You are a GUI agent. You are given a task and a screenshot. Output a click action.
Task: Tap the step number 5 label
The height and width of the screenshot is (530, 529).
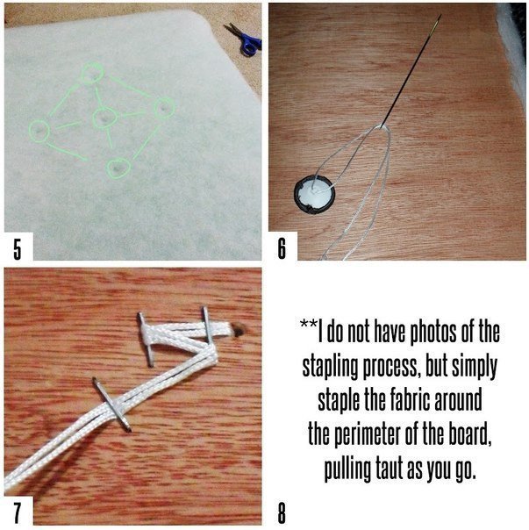(x=18, y=248)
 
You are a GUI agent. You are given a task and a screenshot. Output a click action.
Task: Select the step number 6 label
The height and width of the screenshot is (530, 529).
(x=282, y=248)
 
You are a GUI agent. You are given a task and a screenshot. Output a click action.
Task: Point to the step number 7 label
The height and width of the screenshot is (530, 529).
(x=17, y=513)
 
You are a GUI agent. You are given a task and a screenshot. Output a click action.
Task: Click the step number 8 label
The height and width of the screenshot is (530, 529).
(x=282, y=513)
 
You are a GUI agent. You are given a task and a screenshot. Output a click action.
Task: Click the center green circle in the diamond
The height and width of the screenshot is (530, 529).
(x=104, y=118)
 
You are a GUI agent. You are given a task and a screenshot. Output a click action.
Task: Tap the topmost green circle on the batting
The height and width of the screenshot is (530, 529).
(x=92, y=73)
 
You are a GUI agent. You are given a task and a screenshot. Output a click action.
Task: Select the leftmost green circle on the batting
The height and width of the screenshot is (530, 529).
(x=39, y=130)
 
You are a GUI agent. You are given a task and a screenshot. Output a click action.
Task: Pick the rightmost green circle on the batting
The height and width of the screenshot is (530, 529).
(x=165, y=108)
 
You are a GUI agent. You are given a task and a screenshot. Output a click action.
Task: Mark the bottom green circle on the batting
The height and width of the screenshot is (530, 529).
(x=118, y=168)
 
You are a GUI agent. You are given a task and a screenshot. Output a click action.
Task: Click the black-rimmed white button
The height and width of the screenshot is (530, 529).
(x=314, y=196)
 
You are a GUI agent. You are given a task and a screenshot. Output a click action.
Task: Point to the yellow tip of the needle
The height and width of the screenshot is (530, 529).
(x=439, y=19)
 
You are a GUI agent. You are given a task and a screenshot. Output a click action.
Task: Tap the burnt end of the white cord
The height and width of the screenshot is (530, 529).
(x=239, y=330)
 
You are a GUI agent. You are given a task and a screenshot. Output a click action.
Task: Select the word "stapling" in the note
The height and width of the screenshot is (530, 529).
(x=330, y=366)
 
